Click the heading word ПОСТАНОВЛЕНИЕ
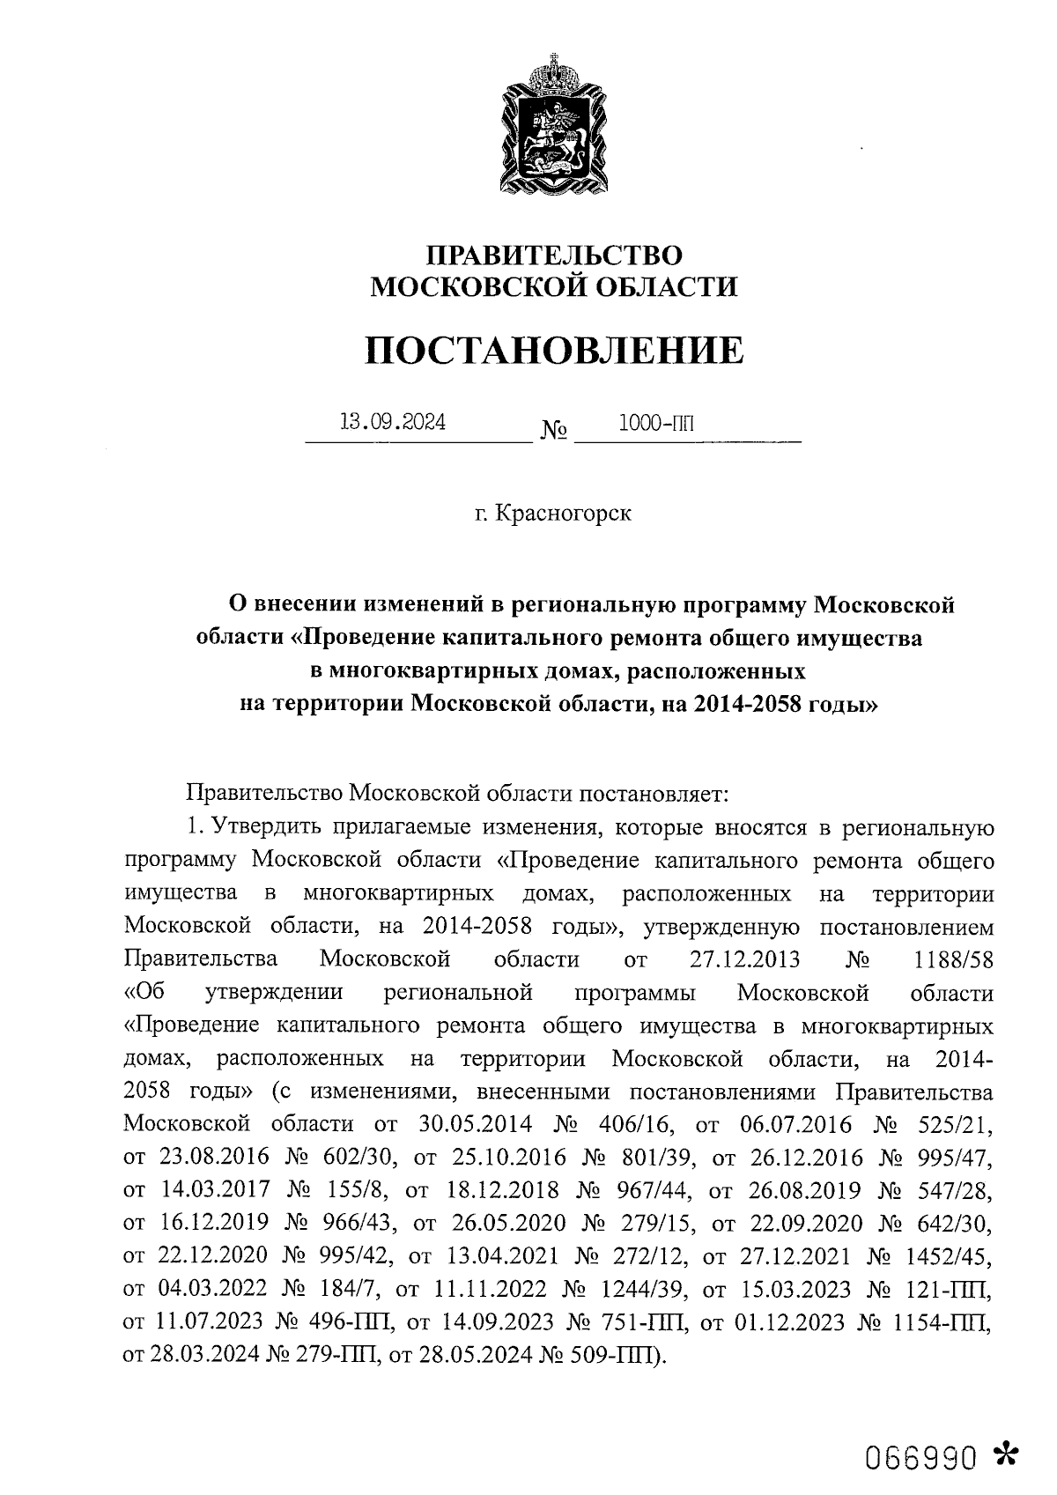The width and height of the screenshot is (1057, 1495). pos(554,351)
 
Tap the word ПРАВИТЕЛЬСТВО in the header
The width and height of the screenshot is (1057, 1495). pos(554,255)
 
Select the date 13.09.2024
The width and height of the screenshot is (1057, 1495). pos(393,422)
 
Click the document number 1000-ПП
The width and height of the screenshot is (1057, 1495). pos(656,422)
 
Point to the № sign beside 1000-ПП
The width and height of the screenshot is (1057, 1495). pos(553,431)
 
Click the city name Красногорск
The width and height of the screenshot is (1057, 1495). pos(564,513)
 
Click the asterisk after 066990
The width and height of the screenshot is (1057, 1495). pos(1003,1454)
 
